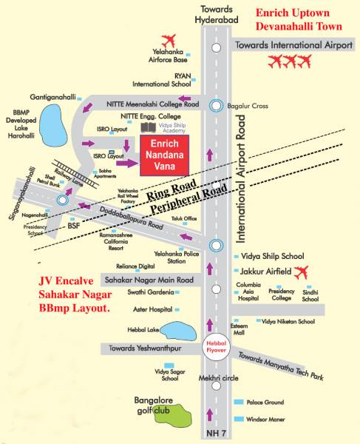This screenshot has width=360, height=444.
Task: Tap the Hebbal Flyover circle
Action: point(215,346)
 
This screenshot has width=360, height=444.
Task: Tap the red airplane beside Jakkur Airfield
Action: point(299,273)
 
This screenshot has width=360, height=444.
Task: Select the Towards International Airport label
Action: point(293,46)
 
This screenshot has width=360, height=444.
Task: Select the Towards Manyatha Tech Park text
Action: point(282,366)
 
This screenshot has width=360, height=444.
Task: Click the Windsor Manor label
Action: point(265,417)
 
